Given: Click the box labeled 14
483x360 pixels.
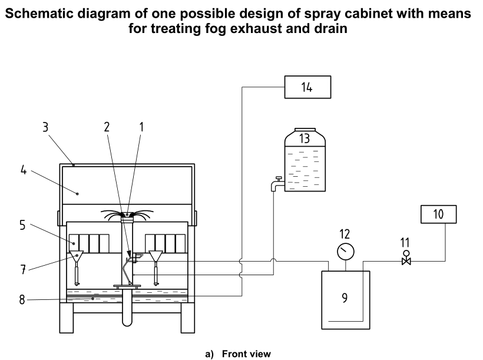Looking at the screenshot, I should [307, 87].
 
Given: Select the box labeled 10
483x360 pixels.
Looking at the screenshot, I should [438, 214].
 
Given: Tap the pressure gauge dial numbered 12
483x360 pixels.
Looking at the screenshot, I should [345, 252].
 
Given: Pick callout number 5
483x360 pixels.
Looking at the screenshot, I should [24, 224].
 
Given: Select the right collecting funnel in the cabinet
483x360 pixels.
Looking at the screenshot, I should [156, 257].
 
